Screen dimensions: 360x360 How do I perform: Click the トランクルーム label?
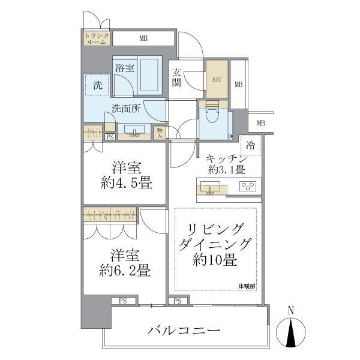(95, 38)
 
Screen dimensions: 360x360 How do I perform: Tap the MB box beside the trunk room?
(143, 39)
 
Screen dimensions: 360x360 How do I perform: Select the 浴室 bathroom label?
(124, 68)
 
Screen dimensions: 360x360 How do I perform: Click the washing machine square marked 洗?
(97, 85)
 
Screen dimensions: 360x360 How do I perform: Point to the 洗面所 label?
(125, 109)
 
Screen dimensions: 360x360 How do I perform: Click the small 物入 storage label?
(160, 133)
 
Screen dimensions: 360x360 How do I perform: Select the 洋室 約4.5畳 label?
(124, 176)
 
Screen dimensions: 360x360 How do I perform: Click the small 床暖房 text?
(245, 286)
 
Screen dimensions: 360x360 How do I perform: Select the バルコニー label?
(184, 331)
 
